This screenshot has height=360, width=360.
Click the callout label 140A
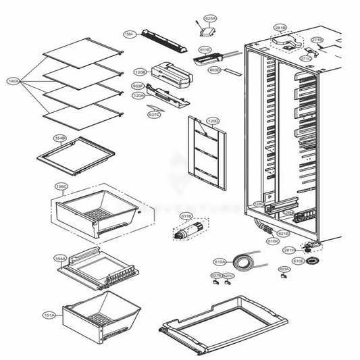click(13, 81)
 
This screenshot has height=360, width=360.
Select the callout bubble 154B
click(60, 137)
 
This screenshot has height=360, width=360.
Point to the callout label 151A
click(49, 315)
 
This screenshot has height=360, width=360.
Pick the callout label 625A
click(210, 19)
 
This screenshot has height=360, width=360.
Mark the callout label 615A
click(220, 261)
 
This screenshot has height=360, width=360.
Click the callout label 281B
click(280, 28)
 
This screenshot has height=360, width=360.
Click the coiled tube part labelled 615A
click(242, 260)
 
